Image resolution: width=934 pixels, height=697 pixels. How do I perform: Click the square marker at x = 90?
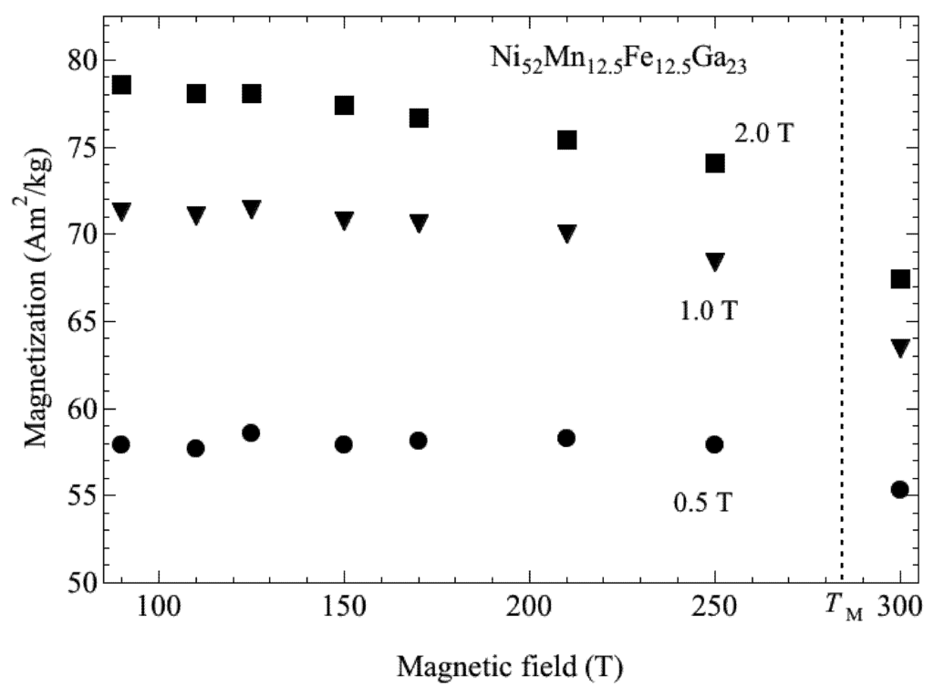coord(121,85)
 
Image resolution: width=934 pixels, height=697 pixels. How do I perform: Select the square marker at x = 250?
coord(714,163)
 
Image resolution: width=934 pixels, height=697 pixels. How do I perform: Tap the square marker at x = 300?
coord(900,279)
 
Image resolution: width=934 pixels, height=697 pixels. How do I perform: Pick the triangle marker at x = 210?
coord(566,234)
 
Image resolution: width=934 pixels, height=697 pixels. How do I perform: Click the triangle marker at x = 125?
coord(252,209)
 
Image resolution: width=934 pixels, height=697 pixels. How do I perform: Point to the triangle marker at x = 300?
coord(900,348)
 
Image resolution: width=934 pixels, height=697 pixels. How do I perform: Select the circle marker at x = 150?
coord(344,444)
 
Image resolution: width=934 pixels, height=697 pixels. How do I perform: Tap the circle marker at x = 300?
coord(900,489)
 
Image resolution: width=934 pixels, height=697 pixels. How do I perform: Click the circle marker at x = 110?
coord(195,448)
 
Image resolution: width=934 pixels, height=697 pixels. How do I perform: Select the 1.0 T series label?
coord(708,311)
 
